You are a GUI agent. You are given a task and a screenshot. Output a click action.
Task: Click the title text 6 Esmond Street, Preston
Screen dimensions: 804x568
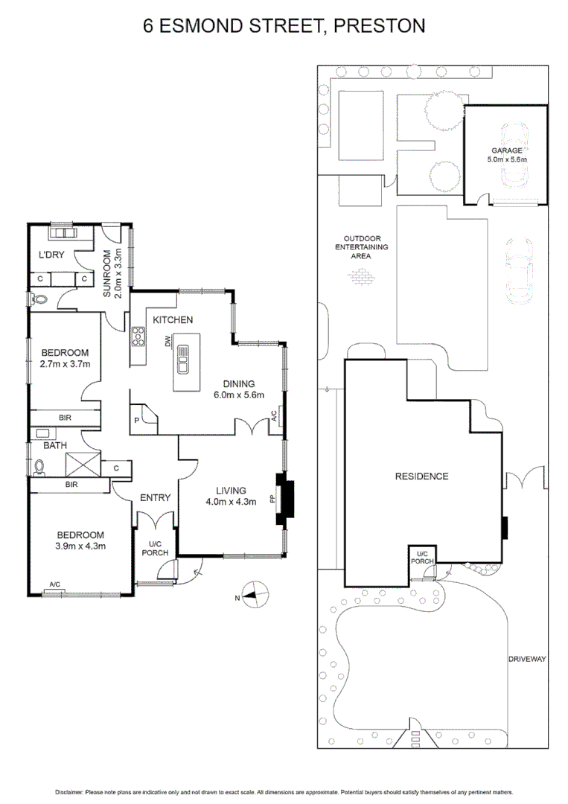[284, 26]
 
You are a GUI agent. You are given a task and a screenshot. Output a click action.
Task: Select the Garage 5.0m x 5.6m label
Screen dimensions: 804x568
[507, 155]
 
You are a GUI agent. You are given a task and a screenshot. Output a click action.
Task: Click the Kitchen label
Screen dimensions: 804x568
[173, 319]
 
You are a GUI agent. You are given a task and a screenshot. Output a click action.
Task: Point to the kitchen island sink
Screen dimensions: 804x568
[182, 365]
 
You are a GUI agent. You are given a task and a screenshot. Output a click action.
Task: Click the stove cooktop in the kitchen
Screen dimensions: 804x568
[138, 338]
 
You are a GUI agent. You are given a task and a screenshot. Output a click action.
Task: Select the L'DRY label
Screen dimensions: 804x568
[51, 255]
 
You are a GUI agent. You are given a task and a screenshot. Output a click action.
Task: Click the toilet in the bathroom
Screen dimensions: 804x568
[39, 467]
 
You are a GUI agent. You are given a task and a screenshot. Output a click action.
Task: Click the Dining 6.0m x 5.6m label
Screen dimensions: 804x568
[238, 389]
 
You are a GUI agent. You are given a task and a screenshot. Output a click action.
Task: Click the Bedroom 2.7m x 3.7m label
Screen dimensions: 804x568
[65, 358]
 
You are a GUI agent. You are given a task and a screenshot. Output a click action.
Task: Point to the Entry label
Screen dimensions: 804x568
[155, 498]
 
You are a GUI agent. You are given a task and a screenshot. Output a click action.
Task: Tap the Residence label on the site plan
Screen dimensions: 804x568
[421, 476]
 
